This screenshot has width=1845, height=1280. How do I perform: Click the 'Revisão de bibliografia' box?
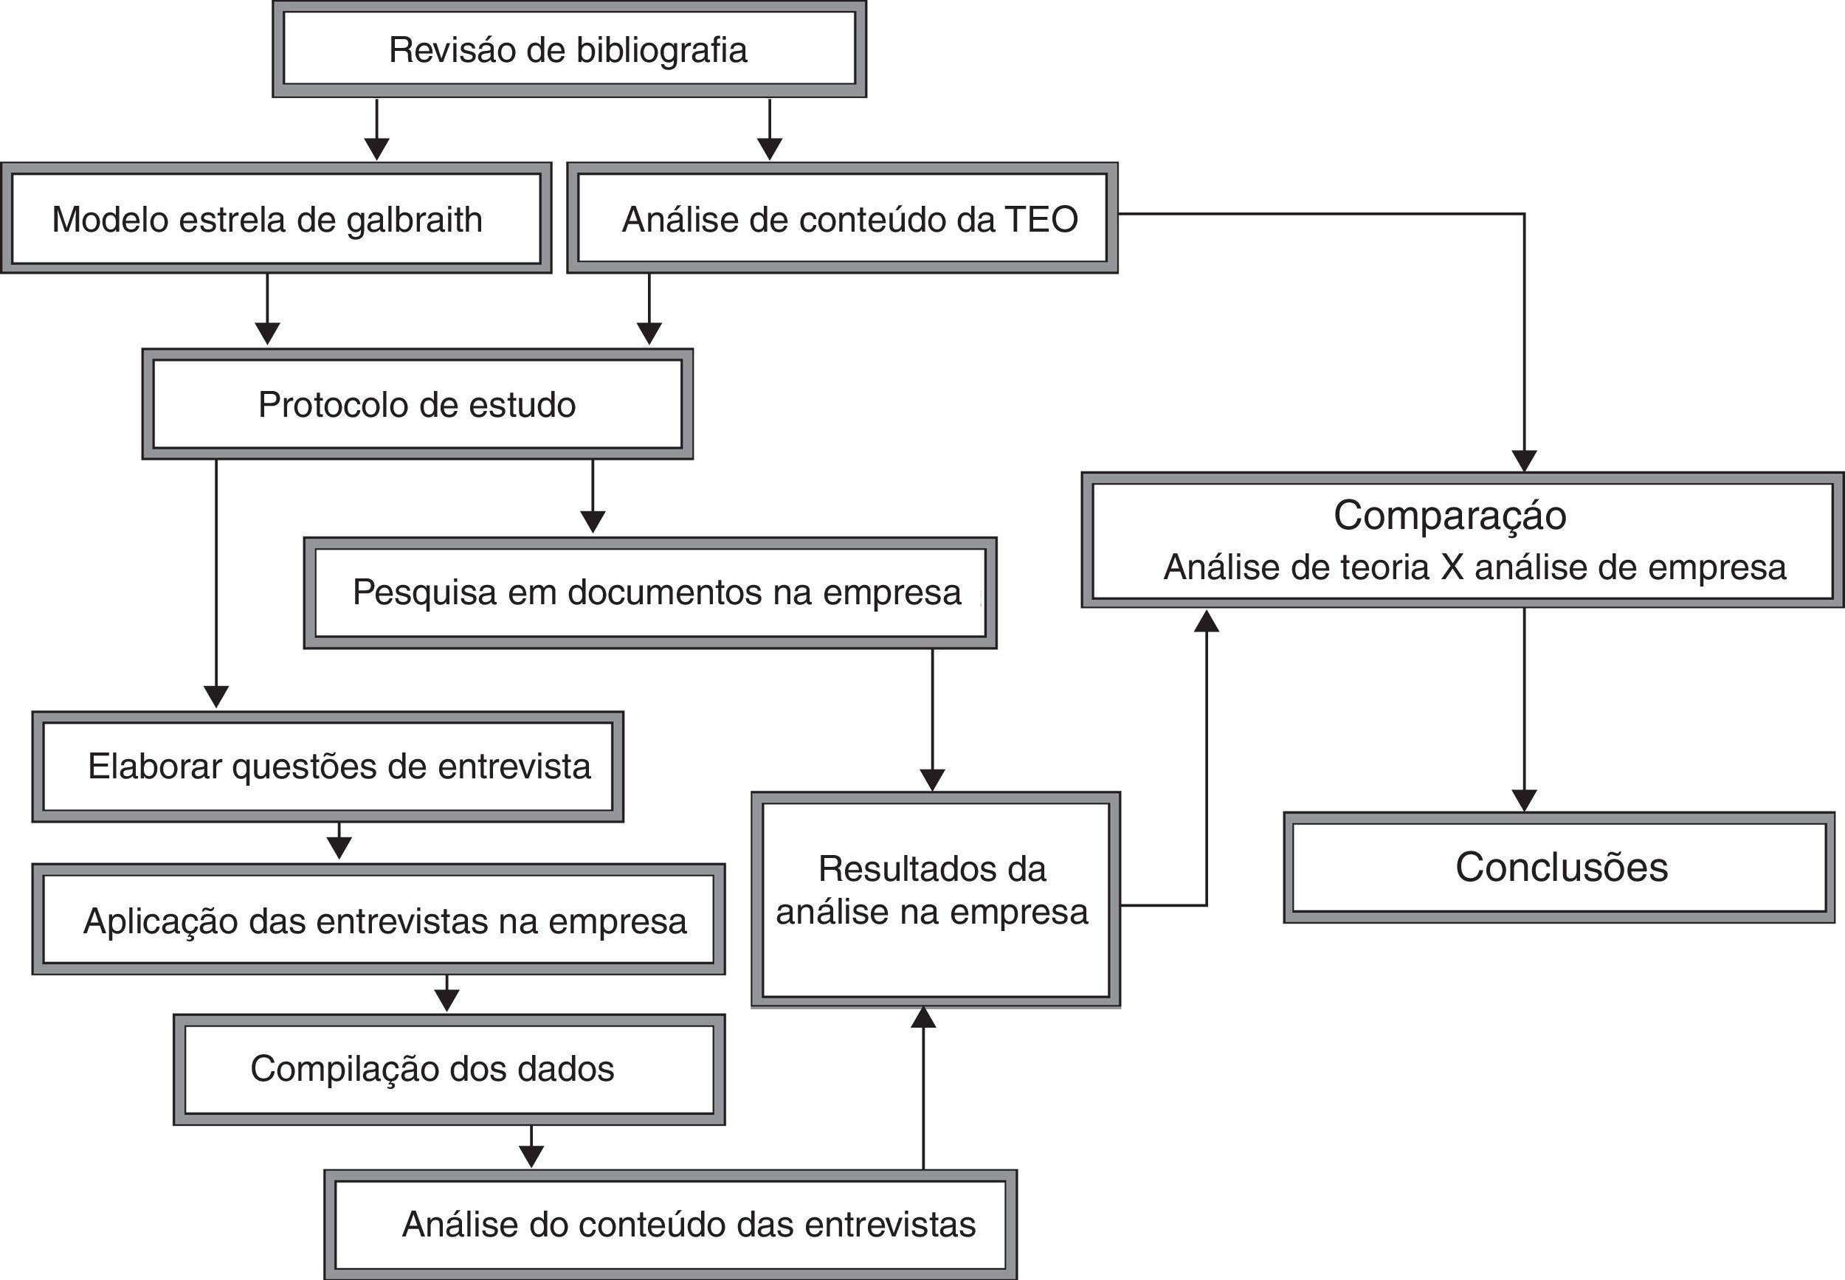569,49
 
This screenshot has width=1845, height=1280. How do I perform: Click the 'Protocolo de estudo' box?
417,404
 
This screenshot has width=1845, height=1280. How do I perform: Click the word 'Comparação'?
1449,515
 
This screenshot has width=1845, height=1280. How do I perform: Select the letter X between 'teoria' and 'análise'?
1452,568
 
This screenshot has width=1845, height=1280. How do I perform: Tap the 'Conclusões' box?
1560,868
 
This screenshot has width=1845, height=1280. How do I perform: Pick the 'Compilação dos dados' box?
449,1069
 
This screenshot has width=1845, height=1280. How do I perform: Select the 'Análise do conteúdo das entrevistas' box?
671,1225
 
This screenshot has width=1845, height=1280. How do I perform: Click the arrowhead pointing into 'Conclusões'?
1524,800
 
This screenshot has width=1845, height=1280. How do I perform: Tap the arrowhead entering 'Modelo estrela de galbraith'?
377,149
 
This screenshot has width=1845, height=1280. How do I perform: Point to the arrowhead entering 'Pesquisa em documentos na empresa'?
593,522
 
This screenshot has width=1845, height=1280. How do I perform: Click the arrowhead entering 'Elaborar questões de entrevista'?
216,696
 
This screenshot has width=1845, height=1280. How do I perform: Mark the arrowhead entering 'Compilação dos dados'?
446,1000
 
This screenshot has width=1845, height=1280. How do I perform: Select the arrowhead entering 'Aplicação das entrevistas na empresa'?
339,848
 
